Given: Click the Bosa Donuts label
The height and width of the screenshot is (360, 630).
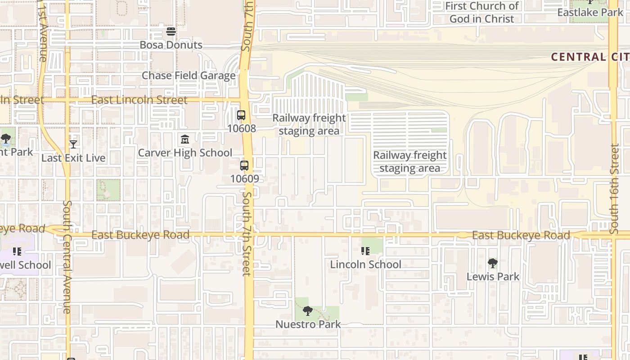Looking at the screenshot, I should coord(171,45).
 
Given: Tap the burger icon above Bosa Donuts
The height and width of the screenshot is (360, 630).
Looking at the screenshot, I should coord(171,31).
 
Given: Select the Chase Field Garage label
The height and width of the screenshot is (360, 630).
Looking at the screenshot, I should coord(189,75).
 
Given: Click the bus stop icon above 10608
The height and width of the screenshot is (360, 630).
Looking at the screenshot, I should coord(241,115).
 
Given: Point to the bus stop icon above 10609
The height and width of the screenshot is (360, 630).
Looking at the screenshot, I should coord(244,166).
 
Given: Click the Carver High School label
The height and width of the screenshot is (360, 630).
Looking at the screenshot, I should coord(185,153).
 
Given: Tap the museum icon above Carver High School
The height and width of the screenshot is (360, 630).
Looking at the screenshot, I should coord(185,139).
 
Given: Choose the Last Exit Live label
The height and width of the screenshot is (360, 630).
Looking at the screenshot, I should coord(73,158).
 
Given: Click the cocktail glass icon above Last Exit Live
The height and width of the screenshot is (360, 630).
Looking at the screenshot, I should coord(73,144).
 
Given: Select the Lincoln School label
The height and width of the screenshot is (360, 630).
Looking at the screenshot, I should coord(365,264).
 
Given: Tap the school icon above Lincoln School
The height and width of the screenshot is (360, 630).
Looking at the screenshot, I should coord(365,251).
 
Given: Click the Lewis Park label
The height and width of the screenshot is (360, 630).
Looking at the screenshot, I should coord(493,276).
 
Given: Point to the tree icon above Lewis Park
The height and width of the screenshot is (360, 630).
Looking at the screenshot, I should coord(493,263).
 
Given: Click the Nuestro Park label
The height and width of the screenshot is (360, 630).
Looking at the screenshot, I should coord(308,324).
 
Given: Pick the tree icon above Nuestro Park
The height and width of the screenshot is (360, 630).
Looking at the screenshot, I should coord(308,311).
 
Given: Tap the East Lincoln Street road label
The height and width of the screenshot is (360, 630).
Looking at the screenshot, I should coord(139,100).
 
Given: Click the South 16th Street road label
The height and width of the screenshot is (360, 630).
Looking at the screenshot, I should coord(615,189).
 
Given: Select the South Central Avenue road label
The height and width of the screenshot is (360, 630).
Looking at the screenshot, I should coord(67,256).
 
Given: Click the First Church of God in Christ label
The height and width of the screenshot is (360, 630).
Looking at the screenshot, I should coord(481,13).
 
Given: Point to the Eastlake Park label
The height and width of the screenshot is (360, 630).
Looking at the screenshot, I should coord(590,12).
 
